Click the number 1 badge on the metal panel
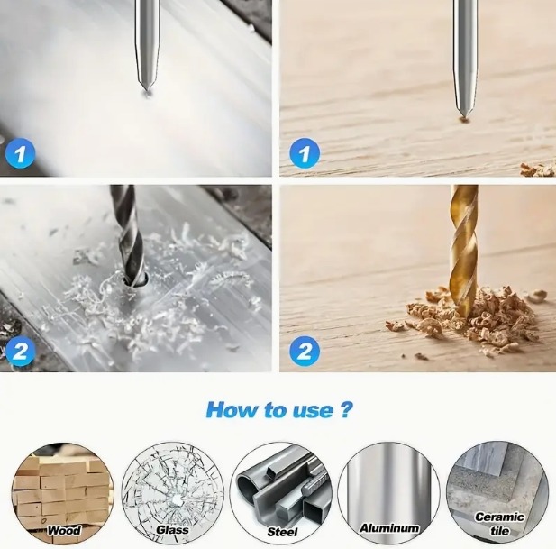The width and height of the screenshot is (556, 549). tap(20, 154)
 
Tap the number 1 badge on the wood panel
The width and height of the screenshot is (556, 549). tap(305, 154)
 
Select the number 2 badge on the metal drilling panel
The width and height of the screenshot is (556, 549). tap(20, 351)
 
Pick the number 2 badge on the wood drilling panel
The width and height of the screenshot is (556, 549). tap(305, 351)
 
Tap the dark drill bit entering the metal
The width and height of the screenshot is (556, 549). tap(128, 234)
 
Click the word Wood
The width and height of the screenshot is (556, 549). tap(64, 531)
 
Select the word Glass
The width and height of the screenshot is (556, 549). tap(172, 530)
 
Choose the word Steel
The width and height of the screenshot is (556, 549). tap(282, 532)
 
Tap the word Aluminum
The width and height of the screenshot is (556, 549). tap(389, 528)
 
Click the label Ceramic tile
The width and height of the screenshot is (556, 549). tap(499, 524)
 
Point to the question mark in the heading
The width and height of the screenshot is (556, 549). tap(346, 409)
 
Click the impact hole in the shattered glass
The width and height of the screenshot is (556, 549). tap(177, 499)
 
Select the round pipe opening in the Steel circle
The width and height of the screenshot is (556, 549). tap(246, 485)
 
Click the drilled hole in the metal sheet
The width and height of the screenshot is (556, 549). tap(135, 281)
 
